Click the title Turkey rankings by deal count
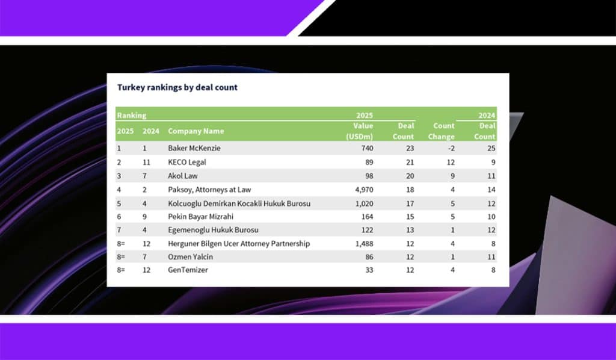[177, 87]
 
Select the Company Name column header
[196, 131]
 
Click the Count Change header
[444, 131]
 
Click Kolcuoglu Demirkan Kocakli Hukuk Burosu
[239, 203]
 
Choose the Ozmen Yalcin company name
[190, 257]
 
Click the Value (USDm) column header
[360, 131]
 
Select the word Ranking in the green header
[131, 114]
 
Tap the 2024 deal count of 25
[490, 148]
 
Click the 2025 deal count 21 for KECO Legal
[408, 163]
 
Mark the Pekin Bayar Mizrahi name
[201, 217]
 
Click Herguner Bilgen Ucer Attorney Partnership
[239, 244]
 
